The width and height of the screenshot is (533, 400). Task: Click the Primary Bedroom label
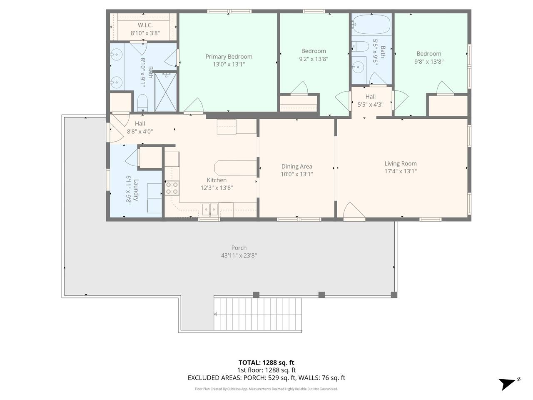[x=229, y=57]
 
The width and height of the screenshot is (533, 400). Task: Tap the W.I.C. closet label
[x=145, y=25]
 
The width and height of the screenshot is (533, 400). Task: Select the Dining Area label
[x=296, y=166]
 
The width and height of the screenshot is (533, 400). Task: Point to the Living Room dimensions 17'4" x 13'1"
[x=401, y=171]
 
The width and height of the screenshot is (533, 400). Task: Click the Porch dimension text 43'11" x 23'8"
[x=239, y=255]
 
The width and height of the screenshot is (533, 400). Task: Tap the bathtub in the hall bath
[x=371, y=25]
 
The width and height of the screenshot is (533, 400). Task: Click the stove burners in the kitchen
[x=172, y=188]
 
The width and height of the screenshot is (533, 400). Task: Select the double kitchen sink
[x=210, y=209]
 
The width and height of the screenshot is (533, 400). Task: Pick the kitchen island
[x=236, y=167]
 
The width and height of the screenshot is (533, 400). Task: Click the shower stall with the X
[x=166, y=92]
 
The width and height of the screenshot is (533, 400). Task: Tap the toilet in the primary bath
[x=142, y=103]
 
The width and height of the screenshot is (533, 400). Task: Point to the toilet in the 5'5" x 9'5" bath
[x=360, y=46]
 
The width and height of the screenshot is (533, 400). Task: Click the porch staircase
[x=257, y=314]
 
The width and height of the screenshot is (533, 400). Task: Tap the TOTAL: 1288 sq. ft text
[x=266, y=362]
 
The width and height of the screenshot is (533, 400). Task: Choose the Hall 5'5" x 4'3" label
[x=370, y=100]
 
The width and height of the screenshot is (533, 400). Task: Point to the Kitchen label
[x=217, y=180]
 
